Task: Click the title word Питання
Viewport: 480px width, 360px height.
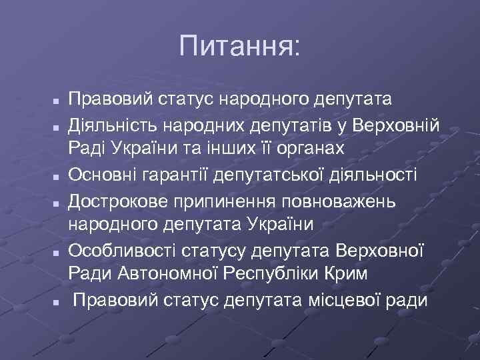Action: [x=240, y=47]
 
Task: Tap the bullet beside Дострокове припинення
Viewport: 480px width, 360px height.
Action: [x=58, y=203]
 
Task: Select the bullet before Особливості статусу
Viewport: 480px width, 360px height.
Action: [x=58, y=253]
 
